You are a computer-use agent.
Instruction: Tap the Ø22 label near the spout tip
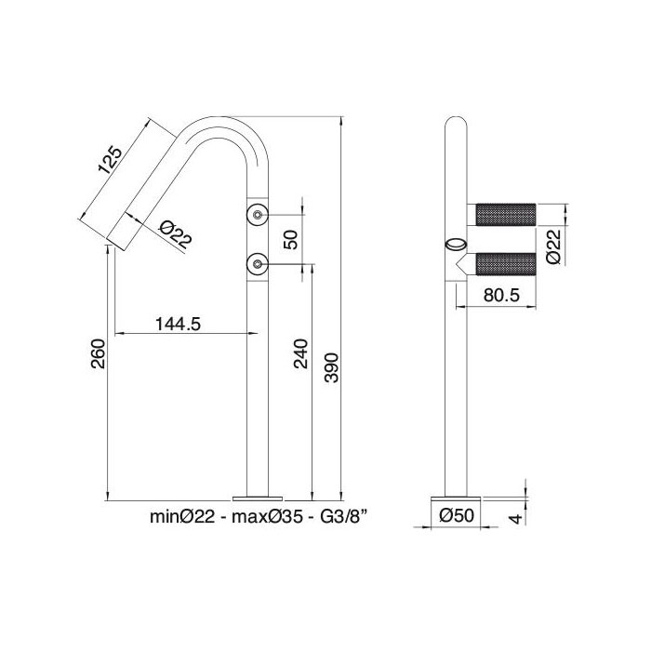(175, 234)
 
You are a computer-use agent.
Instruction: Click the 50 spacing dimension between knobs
(290, 240)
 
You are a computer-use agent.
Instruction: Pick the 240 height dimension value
(300, 353)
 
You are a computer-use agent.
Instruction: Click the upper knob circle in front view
(257, 216)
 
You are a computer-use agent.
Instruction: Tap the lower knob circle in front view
(257, 264)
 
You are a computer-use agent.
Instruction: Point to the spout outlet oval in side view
(456, 246)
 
